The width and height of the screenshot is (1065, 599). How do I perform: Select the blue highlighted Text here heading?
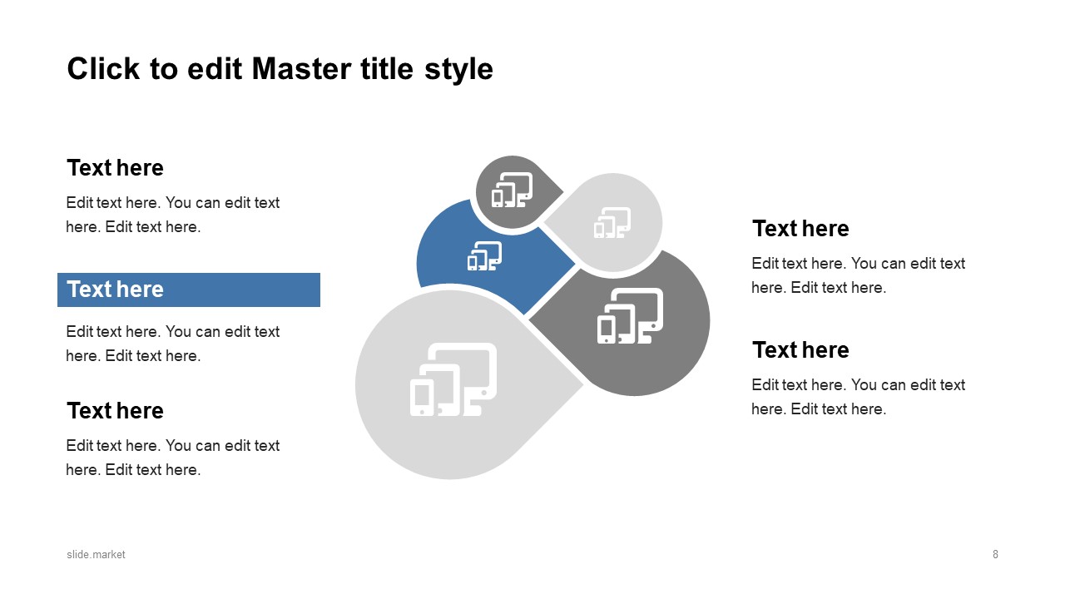(x=116, y=290)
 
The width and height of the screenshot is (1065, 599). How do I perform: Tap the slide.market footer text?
(x=97, y=554)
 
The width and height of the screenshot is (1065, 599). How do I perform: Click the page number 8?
(x=995, y=554)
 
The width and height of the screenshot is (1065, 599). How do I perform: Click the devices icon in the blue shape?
(x=484, y=256)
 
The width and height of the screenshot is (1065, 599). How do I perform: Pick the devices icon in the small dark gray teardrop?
(x=511, y=190)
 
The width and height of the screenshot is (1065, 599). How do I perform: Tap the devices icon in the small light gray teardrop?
(x=612, y=223)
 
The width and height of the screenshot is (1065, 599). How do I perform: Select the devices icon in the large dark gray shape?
(x=630, y=316)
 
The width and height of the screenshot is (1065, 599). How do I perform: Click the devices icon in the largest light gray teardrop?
(x=453, y=379)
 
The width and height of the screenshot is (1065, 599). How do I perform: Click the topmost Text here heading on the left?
(x=115, y=168)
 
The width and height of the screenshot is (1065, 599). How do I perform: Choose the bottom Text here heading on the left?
(x=115, y=411)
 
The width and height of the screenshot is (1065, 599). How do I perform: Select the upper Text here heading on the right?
(x=800, y=229)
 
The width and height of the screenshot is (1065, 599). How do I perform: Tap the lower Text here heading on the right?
(x=800, y=350)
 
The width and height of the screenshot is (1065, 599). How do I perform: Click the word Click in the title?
(x=103, y=69)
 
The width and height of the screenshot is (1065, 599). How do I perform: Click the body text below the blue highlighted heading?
(x=173, y=344)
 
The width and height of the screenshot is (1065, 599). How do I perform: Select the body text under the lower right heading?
(x=858, y=397)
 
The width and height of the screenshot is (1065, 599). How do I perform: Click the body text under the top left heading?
(x=173, y=215)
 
